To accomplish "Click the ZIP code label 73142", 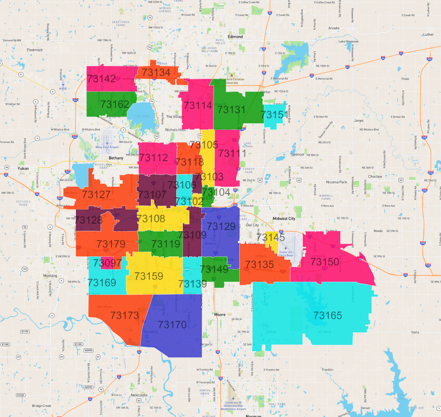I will [102, 79].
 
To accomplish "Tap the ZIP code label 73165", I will [328, 315].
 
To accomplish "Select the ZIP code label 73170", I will [172, 324].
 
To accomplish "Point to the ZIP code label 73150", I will [325, 262].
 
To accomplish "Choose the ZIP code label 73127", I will [96, 195].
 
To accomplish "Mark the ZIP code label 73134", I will [156, 72].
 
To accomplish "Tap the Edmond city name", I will [235, 37].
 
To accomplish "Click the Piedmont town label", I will [35, 50].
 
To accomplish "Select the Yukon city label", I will [23, 168].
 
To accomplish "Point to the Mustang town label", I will [50, 276].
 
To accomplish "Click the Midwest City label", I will [284, 218].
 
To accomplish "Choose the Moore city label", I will [220, 315].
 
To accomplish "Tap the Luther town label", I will [428, 35].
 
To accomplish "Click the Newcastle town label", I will [139, 395].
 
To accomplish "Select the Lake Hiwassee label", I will [348, 41].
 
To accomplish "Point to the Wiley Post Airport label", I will [107, 147].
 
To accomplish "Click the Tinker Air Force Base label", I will [286, 254].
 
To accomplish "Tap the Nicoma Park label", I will [336, 182].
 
